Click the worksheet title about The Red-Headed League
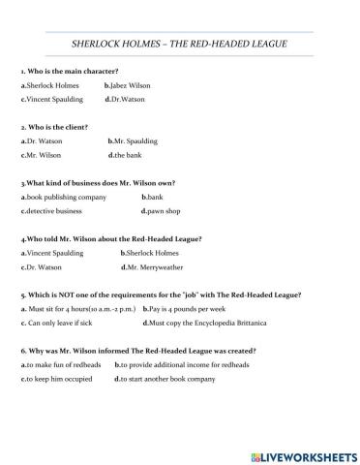(180, 44)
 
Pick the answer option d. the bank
(128, 155)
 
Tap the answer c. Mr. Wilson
(45, 155)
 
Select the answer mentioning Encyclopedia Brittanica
(203, 322)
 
